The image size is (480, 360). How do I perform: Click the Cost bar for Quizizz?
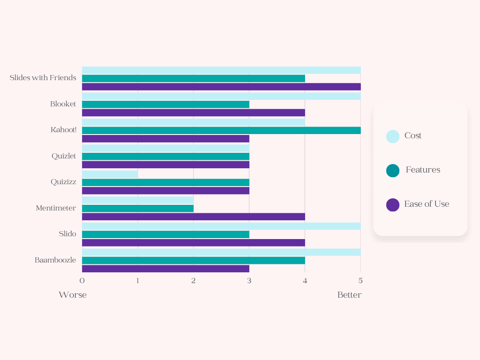[x=110, y=174]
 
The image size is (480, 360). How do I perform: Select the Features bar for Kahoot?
[x=221, y=130]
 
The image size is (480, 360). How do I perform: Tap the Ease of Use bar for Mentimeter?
[x=193, y=217]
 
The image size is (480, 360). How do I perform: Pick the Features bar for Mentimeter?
[x=138, y=208]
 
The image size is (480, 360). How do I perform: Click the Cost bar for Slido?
[x=221, y=226]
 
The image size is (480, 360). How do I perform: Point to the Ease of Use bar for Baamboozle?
[x=165, y=269]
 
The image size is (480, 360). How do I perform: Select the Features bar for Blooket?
[x=165, y=104]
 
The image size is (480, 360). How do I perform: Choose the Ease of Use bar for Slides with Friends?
[x=221, y=87]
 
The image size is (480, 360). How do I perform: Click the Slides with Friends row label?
[x=43, y=78]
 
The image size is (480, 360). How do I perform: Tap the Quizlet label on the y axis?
[x=64, y=156]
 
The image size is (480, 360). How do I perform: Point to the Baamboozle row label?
[x=55, y=260]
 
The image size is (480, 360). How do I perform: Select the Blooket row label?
[x=63, y=104]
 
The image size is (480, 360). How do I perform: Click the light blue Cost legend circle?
[x=393, y=136]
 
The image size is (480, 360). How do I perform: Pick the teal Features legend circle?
[x=393, y=171]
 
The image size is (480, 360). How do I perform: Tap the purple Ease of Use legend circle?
[x=393, y=205]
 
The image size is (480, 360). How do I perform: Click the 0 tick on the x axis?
[x=82, y=281]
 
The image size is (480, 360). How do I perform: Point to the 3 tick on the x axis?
[x=249, y=281]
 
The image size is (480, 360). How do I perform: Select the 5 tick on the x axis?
[x=360, y=281]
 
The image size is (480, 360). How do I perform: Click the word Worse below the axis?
[x=73, y=295]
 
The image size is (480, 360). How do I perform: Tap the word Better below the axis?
[x=349, y=295]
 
